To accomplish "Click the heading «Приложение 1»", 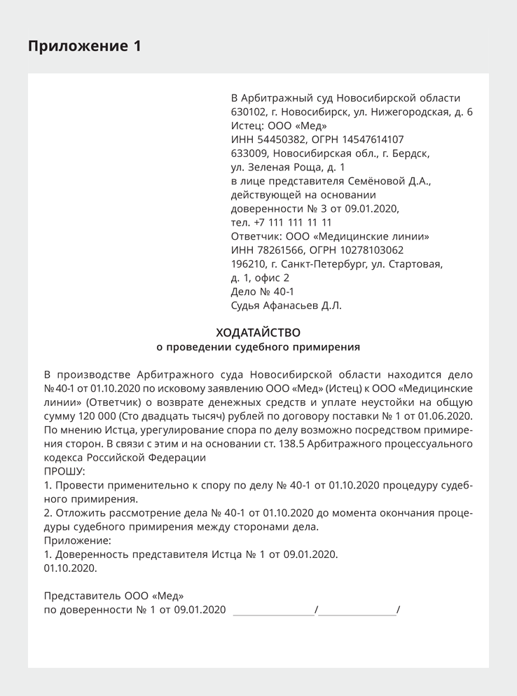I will point(84,46).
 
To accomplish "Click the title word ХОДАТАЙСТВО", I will point(258,332).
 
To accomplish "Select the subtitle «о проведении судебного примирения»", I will point(258,346).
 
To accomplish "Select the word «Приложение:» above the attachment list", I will point(78,540).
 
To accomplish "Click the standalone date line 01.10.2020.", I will point(70,568).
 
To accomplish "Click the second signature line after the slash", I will point(357,610).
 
